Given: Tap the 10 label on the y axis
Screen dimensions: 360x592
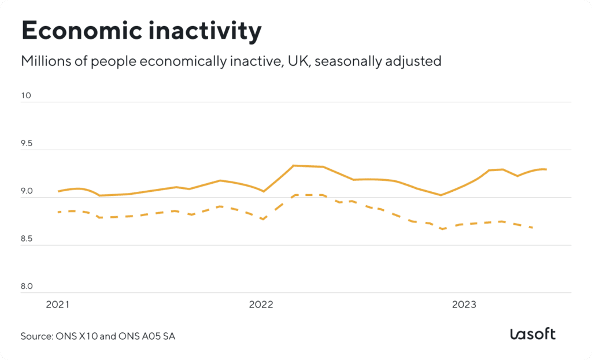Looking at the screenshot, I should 26,96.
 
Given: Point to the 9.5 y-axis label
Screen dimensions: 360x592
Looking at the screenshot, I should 27,143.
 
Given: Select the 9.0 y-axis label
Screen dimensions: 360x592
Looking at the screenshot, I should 27,191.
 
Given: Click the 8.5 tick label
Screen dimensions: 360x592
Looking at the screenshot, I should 27,239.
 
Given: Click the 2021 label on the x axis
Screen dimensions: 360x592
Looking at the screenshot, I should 58,304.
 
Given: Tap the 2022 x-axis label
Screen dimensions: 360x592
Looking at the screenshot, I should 261,304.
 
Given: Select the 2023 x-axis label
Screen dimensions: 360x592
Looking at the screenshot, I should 464,304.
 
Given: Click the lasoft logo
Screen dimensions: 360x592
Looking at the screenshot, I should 532,334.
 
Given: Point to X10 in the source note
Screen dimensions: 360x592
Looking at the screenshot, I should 88,336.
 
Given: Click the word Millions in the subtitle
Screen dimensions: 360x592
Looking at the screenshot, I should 43,61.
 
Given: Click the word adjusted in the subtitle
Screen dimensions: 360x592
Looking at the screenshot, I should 417,61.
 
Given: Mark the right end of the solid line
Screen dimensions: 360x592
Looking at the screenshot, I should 546,169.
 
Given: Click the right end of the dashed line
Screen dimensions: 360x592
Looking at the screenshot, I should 532,228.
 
